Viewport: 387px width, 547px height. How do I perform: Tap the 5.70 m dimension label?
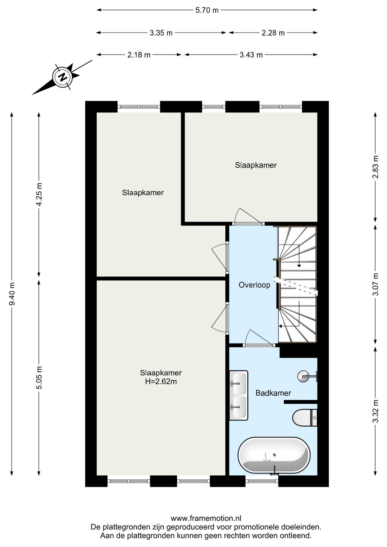click(x=207, y=10)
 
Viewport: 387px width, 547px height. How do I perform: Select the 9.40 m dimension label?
click(x=12, y=294)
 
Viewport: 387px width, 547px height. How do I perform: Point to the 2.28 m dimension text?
click(x=273, y=33)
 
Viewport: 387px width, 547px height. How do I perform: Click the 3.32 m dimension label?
click(x=375, y=411)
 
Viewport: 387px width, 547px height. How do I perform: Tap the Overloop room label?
click(x=254, y=285)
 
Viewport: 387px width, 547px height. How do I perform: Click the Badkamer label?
click(x=273, y=393)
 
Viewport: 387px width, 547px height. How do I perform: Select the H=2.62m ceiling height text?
click(x=161, y=381)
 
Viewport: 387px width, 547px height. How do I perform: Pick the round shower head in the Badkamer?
click(x=303, y=376)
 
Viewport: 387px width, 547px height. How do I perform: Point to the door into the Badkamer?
click(x=259, y=338)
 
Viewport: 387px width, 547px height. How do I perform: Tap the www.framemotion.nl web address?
click(x=206, y=518)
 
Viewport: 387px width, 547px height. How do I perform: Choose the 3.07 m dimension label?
click(x=375, y=284)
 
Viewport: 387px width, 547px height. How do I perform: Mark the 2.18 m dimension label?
click(x=139, y=55)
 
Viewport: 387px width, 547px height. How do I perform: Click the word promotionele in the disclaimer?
click(x=256, y=527)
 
